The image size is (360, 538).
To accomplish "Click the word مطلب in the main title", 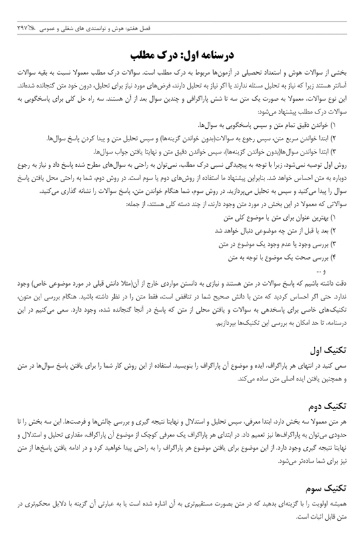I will pyautogui.click(x=148, y=54).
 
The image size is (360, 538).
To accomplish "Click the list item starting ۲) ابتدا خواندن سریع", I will pyautogui.click(x=200, y=119).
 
